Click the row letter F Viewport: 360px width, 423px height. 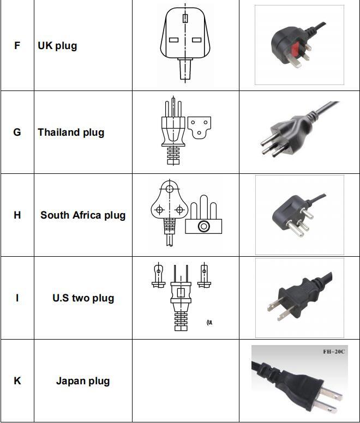coord(17,46)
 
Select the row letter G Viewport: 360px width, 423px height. coord(17,132)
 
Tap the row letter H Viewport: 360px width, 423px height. coord(17,215)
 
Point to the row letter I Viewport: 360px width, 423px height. coord(17,298)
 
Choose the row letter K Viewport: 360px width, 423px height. coord(17,381)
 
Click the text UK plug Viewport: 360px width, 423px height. coord(57,46)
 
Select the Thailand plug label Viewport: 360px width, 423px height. coord(71,132)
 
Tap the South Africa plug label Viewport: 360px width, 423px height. coord(83,215)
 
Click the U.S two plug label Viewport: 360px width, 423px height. coord(83,298)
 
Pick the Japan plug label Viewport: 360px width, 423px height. coord(83,381)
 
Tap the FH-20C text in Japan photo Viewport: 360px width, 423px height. coord(334,352)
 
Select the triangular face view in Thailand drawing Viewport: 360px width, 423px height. coord(199,127)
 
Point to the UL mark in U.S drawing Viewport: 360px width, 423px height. coord(209,322)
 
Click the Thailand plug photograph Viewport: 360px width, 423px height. coord(299,131)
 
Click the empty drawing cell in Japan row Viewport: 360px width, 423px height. coord(185,381)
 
